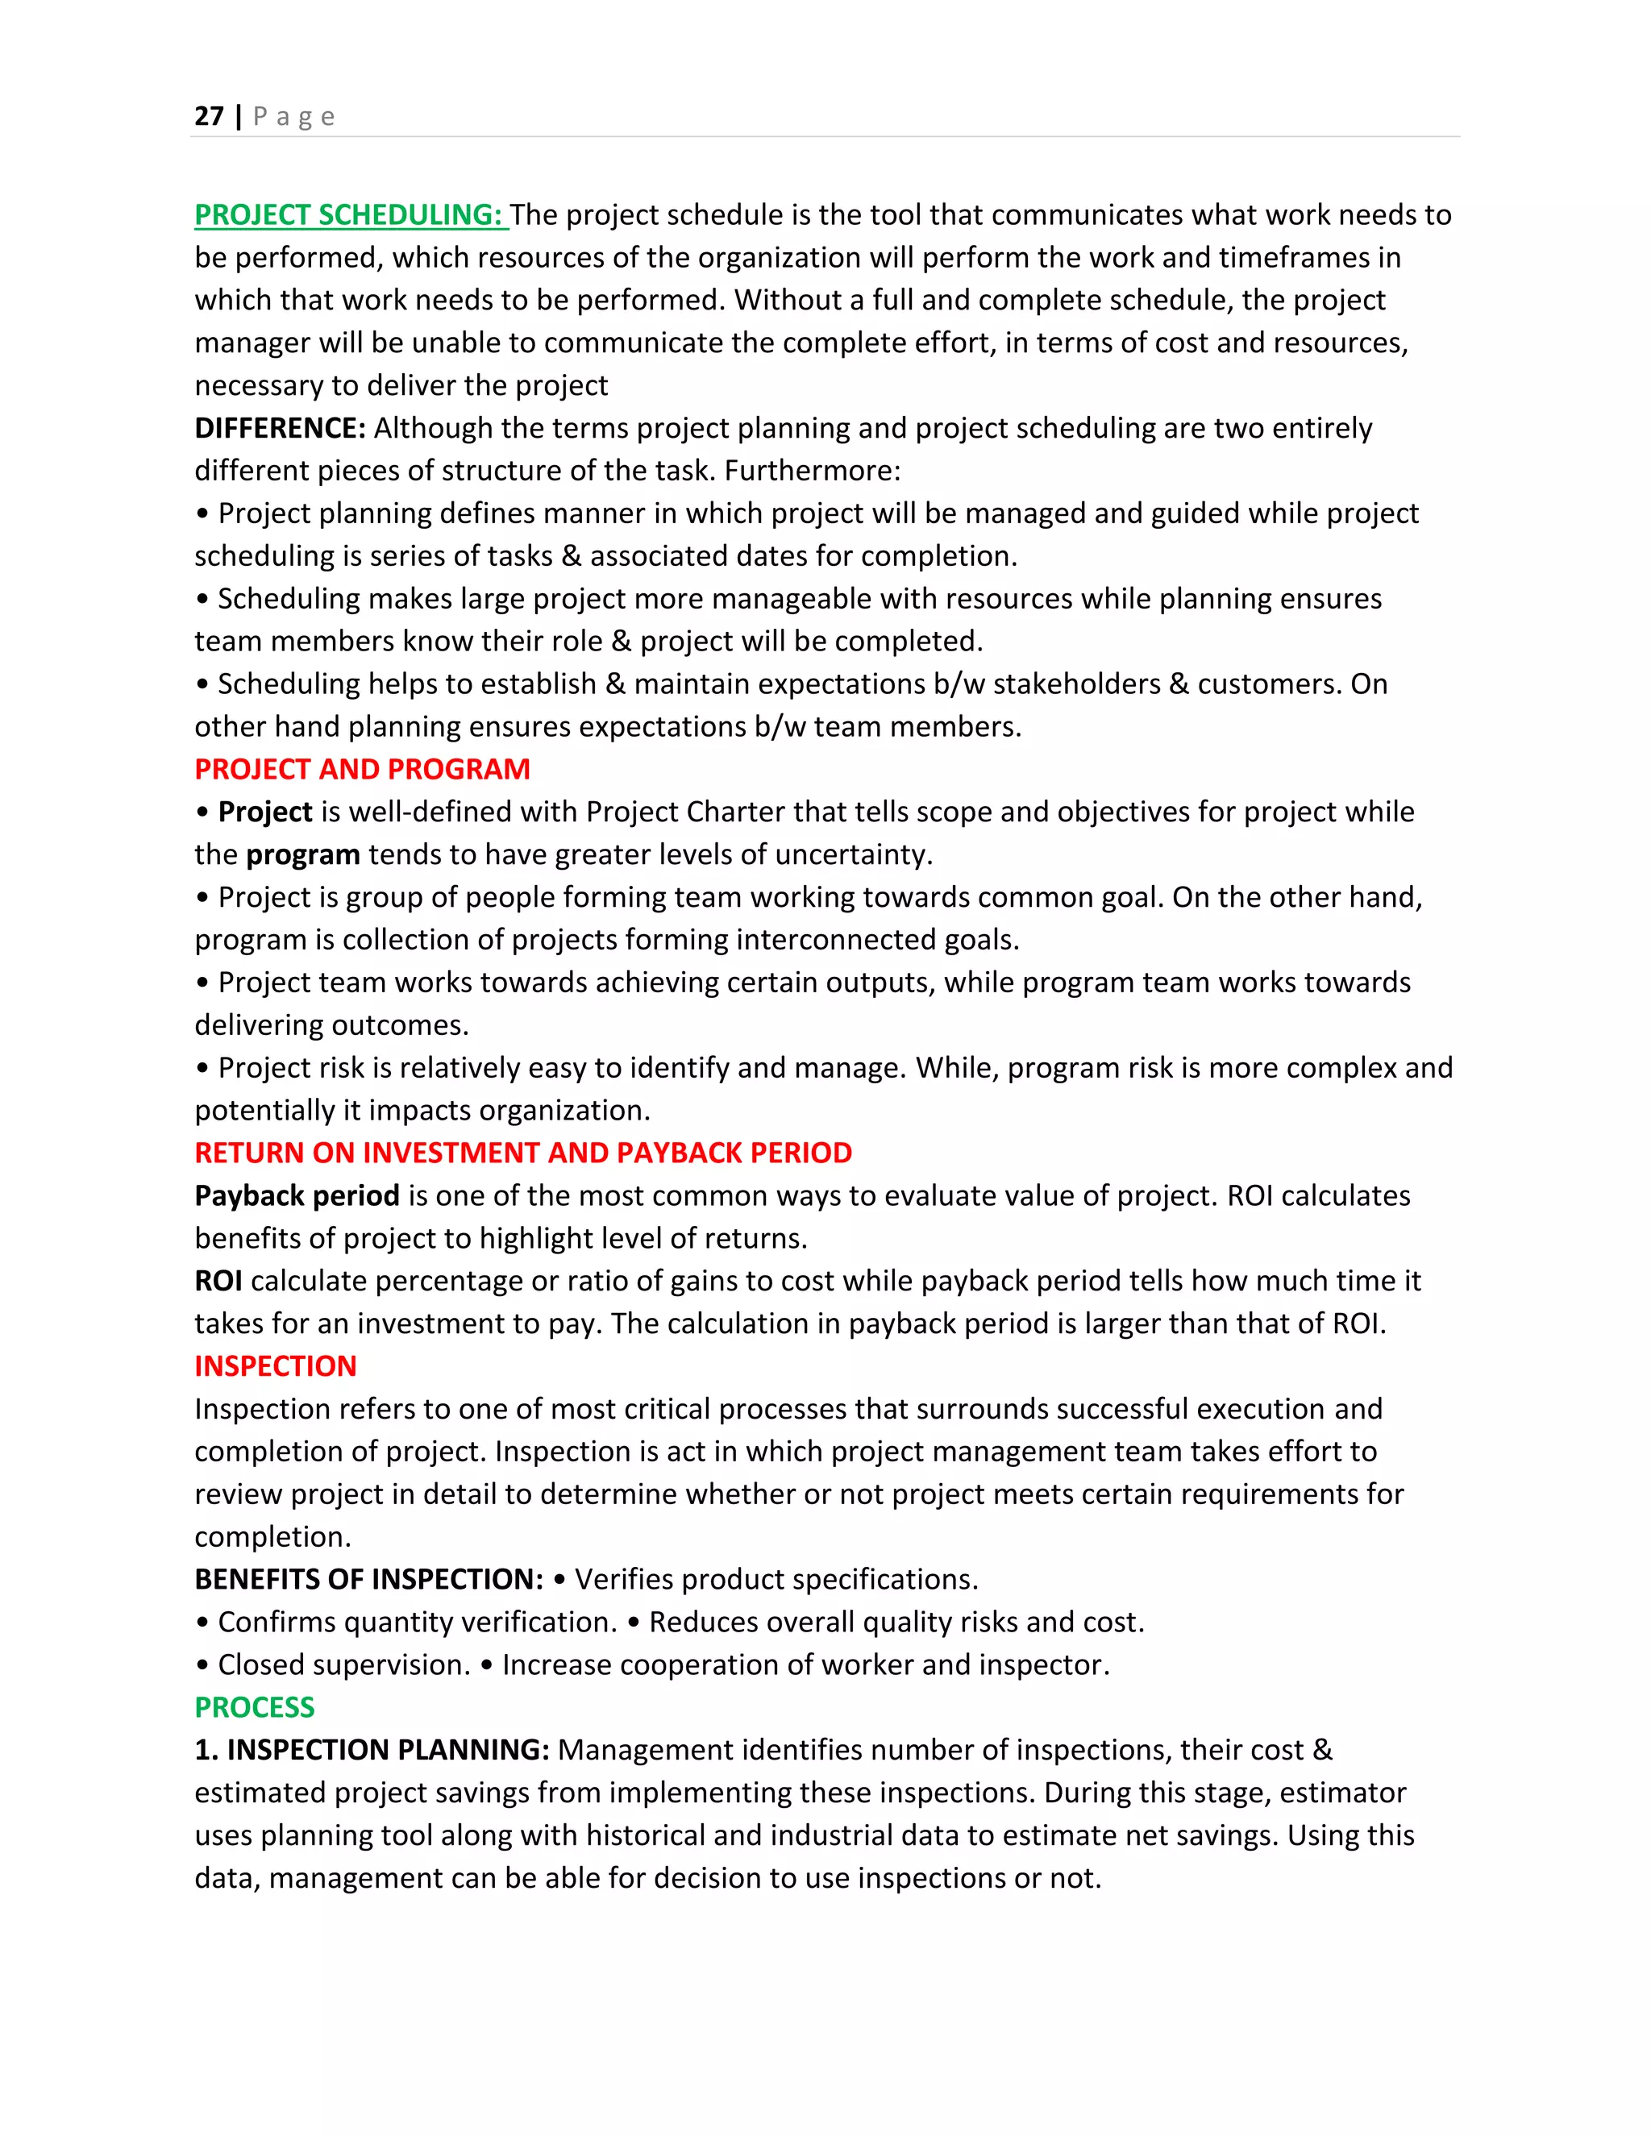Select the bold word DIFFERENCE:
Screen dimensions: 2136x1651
280,428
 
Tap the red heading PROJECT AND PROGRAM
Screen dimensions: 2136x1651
362,770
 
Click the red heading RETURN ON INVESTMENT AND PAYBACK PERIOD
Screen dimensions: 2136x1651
522,1153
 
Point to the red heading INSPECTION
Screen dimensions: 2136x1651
275,1366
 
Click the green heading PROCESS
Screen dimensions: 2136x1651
254,1708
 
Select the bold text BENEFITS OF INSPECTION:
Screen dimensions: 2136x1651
368,1580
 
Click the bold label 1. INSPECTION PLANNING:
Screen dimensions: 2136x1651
372,1750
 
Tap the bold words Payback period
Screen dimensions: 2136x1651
297,1196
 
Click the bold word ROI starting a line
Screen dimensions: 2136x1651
218,1282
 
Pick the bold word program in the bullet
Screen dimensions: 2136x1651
302,854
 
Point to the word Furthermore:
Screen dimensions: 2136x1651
812,472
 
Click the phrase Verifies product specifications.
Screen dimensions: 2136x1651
776,1580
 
